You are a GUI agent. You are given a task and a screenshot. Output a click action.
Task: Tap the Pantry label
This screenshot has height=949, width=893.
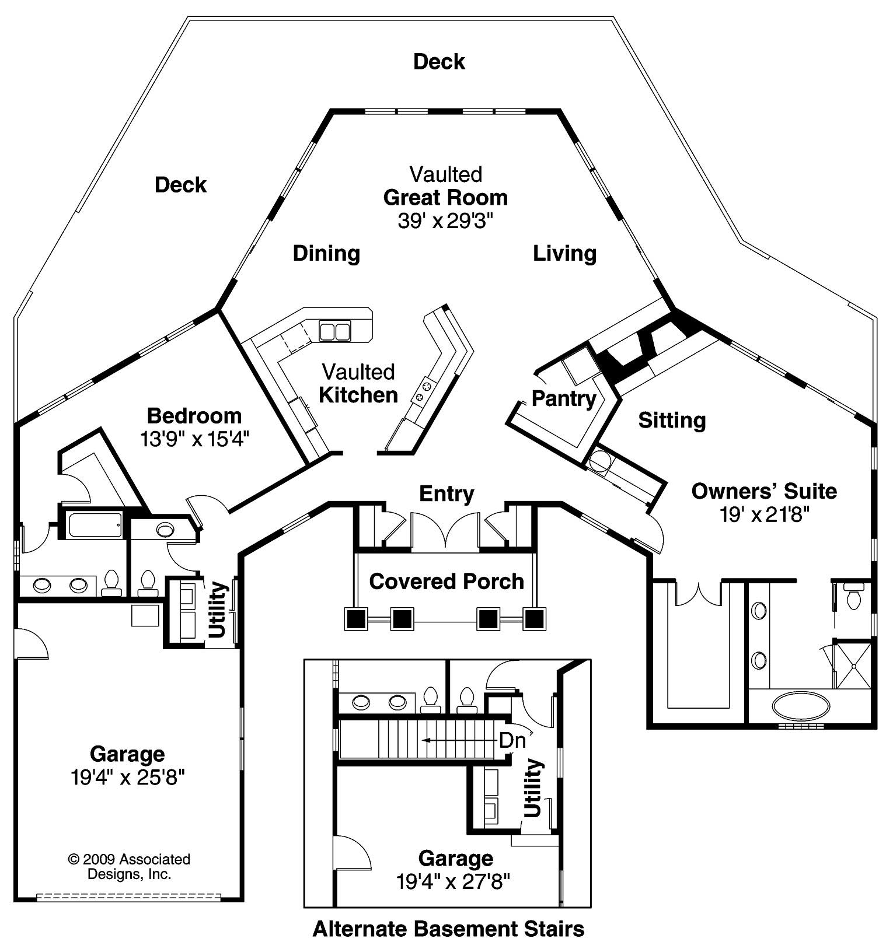pyautogui.click(x=563, y=399)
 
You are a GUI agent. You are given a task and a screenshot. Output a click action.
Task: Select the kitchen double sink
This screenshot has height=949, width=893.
pyautogui.click(x=334, y=331)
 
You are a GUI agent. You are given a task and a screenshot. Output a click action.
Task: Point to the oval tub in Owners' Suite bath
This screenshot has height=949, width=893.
pyautogui.click(x=800, y=706)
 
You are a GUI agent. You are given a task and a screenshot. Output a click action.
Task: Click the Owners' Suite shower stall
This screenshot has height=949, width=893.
pyautogui.click(x=854, y=664)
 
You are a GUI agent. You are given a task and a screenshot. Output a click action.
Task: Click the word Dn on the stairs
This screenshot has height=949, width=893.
pyautogui.click(x=512, y=740)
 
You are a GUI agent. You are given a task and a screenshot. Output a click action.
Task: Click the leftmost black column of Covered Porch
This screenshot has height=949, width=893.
pyautogui.click(x=356, y=618)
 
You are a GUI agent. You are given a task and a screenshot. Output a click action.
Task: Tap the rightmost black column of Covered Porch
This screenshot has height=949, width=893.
pyautogui.click(x=534, y=618)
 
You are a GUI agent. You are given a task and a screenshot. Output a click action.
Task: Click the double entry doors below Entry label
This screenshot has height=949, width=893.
pyautogui.click(x=446, y=530)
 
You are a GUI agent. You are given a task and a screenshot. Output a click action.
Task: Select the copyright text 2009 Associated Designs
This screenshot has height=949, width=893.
pyautogui.click(x=129, y=866)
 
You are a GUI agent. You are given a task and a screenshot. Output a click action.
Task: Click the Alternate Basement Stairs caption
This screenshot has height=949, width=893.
pyautogui.click(x=448, y=928)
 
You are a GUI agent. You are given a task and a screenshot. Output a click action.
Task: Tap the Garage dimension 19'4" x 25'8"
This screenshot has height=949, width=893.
pyautogui.click(x=127, y=778)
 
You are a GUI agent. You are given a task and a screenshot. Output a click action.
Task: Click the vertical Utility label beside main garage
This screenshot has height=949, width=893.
pyautogui.click(x=217, y=610)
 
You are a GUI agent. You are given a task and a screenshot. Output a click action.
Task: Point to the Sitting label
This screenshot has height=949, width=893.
pyautogui.click(x=671, y=420)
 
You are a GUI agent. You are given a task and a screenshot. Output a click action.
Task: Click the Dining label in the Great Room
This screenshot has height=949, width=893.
pyautogui.click(x=326, y=253)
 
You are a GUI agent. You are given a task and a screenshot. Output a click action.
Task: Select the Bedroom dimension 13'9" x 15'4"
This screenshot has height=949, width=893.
pyautogui.click(x=194, y=439)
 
